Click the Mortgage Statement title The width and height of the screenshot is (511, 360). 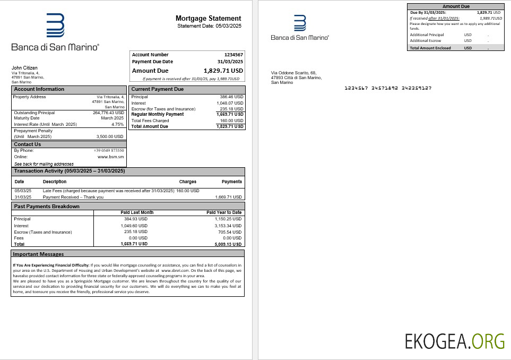208,19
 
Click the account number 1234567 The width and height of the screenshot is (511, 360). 233,55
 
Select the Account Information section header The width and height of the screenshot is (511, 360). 39,89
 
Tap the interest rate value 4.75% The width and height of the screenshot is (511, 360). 117,124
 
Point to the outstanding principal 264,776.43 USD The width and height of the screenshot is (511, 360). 108,113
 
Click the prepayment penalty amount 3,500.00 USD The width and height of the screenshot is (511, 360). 110,136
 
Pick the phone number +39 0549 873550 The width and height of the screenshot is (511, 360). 109,151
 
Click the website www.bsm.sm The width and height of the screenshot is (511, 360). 111,157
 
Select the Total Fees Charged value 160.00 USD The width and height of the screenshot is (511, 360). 231,121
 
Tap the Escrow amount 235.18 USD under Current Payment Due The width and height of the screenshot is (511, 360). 231,109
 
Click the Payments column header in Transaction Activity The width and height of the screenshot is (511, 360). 231,182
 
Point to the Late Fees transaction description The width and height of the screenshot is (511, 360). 108,191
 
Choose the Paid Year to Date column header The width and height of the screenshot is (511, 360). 224,212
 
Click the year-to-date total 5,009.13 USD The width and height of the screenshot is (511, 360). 228,245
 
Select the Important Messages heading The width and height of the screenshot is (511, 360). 38,254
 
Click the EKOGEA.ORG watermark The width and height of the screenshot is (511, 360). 454,340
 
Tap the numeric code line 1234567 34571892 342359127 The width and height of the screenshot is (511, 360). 388,88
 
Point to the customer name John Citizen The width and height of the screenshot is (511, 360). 24,67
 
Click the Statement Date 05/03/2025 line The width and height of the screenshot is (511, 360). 209,26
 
